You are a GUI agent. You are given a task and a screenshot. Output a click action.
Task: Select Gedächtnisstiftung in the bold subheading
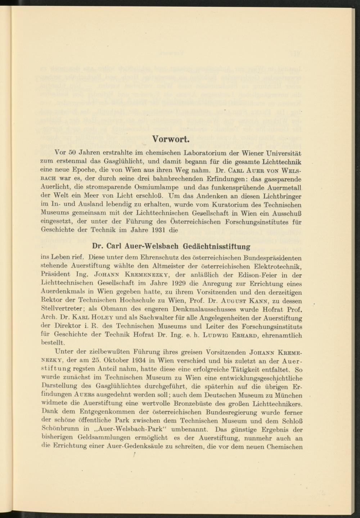coord(217,247)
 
